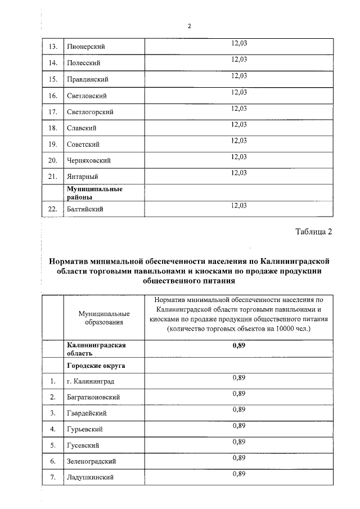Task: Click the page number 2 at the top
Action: pos(190,26)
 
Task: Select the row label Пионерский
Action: pos(86,46)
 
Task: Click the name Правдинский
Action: pos(87,79)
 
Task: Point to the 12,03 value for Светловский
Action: pos(239,92)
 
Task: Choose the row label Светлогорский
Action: pos(90,111)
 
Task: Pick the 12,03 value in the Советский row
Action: pos(239,140)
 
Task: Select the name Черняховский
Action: pos(89,160)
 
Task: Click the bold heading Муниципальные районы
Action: pos(94,193)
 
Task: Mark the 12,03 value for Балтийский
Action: pos(239,205)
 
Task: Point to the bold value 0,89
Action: pos(239,345)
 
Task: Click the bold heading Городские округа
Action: pos(96,366)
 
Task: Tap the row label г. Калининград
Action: pos(90,382)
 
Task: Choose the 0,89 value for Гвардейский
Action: pos(239,409)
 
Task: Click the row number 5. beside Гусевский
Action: pos(52,445)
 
